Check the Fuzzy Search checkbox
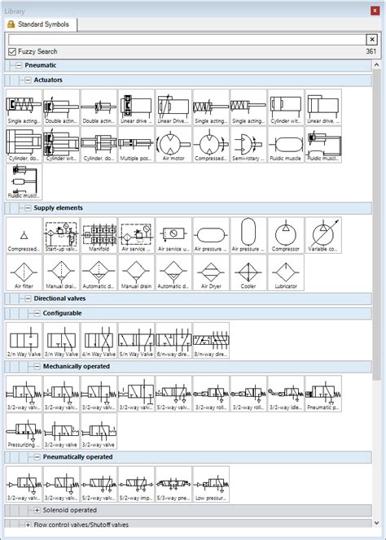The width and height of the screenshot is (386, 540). [12, 51]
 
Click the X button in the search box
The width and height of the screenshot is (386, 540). [371, 38]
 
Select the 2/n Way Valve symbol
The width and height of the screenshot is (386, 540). [24, 342]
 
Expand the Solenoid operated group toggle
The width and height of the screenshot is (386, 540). [37, 509]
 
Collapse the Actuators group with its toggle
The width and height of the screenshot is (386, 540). [28, 80]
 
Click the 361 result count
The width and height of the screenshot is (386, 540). [371, 51]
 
